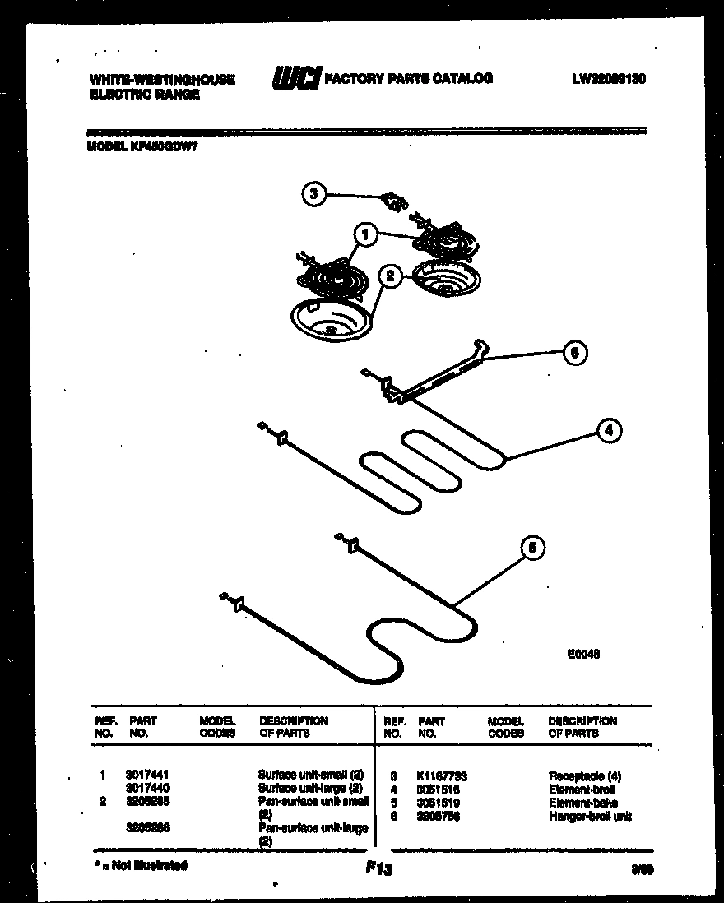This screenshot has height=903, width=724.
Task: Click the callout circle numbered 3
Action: pos(312,195)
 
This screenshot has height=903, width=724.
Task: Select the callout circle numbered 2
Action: pos(392,276)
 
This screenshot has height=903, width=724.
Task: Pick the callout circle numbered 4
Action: pos(607,429)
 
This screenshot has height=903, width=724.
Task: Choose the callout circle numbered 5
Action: pos(533,548)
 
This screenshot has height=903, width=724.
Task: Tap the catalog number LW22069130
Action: pos(608,79)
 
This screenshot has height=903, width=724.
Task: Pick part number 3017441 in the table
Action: pos(147,775)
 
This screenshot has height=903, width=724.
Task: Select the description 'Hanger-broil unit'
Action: pos(591,816)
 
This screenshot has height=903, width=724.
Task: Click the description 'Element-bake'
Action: pos(580,803)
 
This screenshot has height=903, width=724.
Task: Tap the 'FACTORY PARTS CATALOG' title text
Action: pos(409,79)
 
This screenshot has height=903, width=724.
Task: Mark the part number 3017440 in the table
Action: pos(147,788)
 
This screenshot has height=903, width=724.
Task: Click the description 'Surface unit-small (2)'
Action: pos(311,775)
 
